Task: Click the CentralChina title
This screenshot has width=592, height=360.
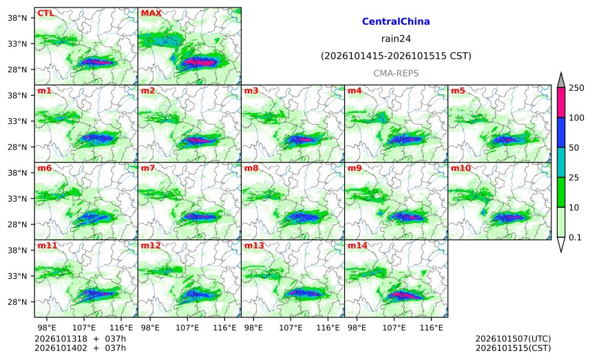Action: [396, 21]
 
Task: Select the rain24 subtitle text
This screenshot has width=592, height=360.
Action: [396, 39]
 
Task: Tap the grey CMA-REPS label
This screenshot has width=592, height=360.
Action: [396, 73]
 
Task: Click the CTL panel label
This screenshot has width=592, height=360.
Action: [45, 13]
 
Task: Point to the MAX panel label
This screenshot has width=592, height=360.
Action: [151, 13]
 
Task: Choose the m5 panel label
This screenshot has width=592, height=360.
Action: [458, 91]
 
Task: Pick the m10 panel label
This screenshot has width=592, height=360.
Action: [461, 168]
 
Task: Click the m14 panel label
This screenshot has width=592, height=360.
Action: [357, 246]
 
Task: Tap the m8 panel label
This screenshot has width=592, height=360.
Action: [251, 168]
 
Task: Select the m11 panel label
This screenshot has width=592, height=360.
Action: [47, 246]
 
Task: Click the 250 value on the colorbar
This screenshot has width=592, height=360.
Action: [577, 88]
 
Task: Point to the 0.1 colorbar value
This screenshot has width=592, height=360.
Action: [575, 237]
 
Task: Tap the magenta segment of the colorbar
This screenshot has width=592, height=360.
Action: [560, 103]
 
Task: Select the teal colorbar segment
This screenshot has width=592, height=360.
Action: [560, 162]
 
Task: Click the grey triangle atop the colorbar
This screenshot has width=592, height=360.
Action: [560, 80]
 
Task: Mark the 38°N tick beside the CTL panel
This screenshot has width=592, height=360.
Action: [17, 18]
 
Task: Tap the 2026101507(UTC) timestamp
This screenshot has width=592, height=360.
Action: [513, 339]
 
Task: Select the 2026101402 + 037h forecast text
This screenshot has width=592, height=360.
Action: [80, 348]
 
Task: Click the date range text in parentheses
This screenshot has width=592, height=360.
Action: [396, 56]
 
